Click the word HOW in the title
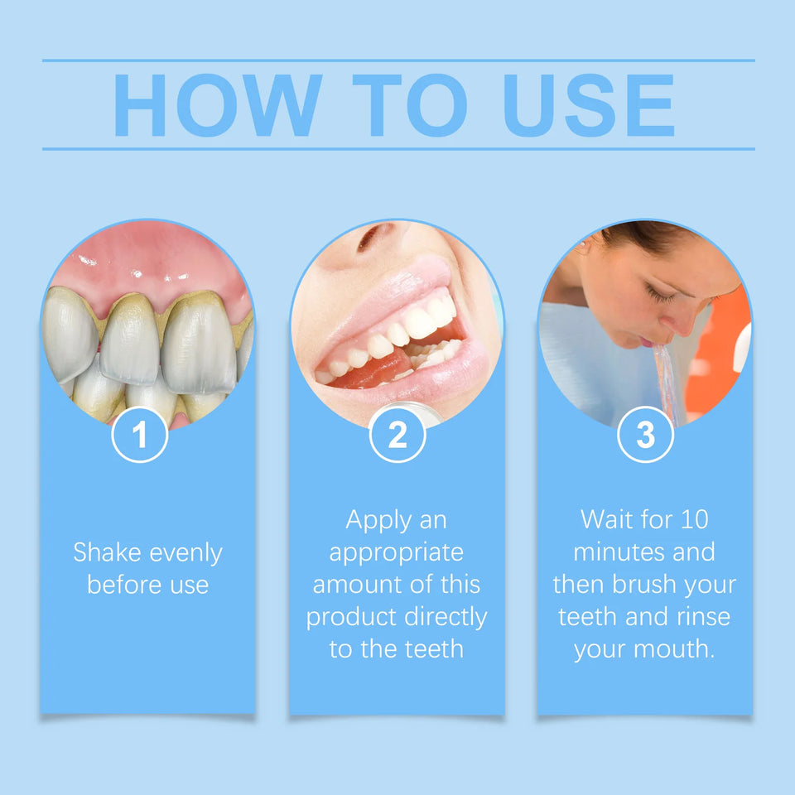click(x=217, y=105)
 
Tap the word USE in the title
click(x=589, y=105)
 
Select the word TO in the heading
click(x=409, y=105)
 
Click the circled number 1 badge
click(x=140, y=435)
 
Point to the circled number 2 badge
click(x=397, y=435)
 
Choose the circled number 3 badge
click(x=646, y=435)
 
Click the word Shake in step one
click(x=108, y=552)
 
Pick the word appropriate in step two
click(x=397, y=552)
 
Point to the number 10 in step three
click(x=694, y=520)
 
